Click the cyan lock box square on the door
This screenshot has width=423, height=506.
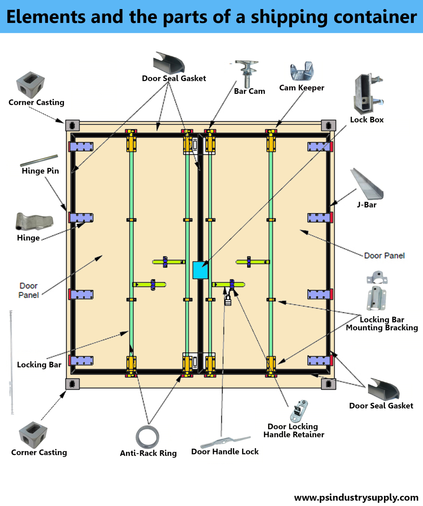pos(200,270)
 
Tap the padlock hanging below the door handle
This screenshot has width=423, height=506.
pos(228,301)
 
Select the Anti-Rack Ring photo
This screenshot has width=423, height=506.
pos(147,437)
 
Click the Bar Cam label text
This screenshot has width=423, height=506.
pos(249,91)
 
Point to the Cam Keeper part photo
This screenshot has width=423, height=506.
pos(302,71)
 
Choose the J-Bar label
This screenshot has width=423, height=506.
pos(367,205)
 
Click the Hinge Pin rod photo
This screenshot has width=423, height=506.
pos(39,160)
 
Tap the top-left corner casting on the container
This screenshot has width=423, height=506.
pos(72,125)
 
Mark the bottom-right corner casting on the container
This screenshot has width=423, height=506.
pos(328,384)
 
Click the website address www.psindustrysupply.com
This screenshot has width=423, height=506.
pos(356,498)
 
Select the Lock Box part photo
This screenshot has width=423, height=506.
pos(367,94)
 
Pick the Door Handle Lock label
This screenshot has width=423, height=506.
pos(225,452)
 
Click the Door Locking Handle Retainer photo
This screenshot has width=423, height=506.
pos(299,411)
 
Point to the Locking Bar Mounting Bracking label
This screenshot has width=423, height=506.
pos(382,324)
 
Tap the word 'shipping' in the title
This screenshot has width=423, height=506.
pos(289,17)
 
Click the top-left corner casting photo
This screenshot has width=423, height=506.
pos(30,85)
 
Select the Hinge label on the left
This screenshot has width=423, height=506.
pos(28,238)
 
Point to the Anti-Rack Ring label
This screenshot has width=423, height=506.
pos(148,453)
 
